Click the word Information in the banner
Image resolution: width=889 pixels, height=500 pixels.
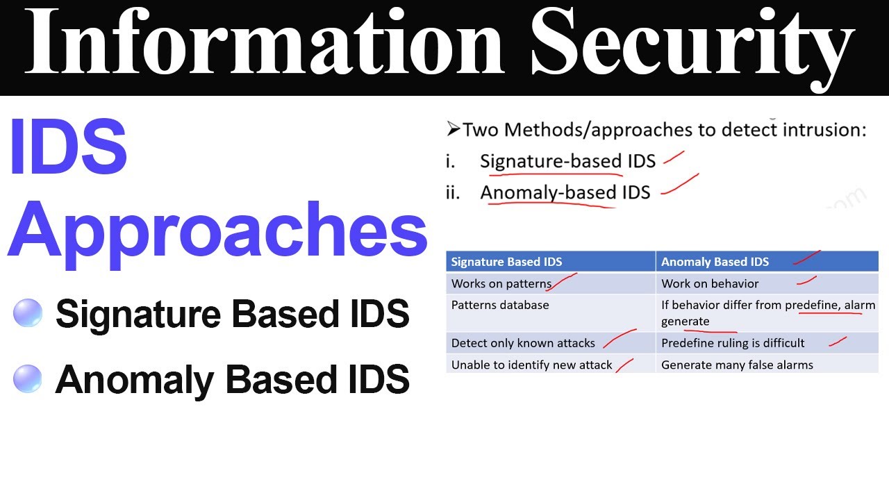tap(265, 41)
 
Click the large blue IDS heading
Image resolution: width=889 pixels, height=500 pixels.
tap(68, 147)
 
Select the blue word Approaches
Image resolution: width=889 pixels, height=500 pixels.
tap(217, 234)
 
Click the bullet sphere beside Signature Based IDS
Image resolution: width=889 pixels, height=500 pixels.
tap(28, 312)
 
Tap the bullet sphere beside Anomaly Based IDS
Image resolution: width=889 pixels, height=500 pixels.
tap(28, 378)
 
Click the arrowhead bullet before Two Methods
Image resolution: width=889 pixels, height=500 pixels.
tap(453, 129)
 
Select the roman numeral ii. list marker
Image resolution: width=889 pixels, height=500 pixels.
tap(453, 192)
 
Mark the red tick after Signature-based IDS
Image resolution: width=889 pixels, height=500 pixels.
tap(674, 158)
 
